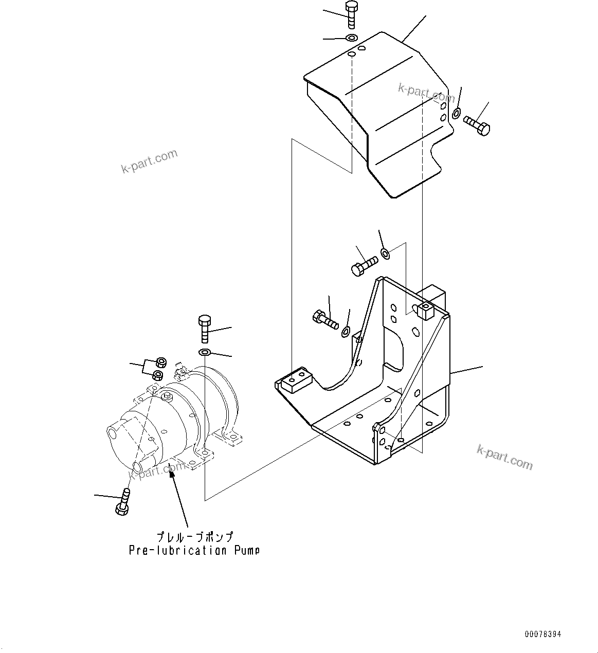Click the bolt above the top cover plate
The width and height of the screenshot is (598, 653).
tap(352, 14)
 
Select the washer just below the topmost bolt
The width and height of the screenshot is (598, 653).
tap(352, 38)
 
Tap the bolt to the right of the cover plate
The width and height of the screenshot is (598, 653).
tap(477, 125)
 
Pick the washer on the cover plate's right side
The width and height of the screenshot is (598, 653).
tap(457, 113)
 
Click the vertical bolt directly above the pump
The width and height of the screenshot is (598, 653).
tap(204, 329)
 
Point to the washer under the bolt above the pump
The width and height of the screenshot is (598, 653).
tap(204, 352)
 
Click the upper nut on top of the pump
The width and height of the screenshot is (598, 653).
tap(160, 361)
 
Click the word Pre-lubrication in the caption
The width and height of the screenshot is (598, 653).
tap(177, 550)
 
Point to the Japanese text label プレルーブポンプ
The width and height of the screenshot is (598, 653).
tap(194, 537)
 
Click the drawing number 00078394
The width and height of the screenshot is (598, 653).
tap(542, 634)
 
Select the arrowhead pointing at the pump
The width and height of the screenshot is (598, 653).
tap(172, 471)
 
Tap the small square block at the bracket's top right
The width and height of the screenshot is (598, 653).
tap(426, 311)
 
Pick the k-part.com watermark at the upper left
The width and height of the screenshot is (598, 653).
tap(149, 160)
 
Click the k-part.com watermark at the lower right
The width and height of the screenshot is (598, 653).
tap(504, 457)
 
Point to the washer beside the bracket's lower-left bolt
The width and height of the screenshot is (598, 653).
tap(346, 331)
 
